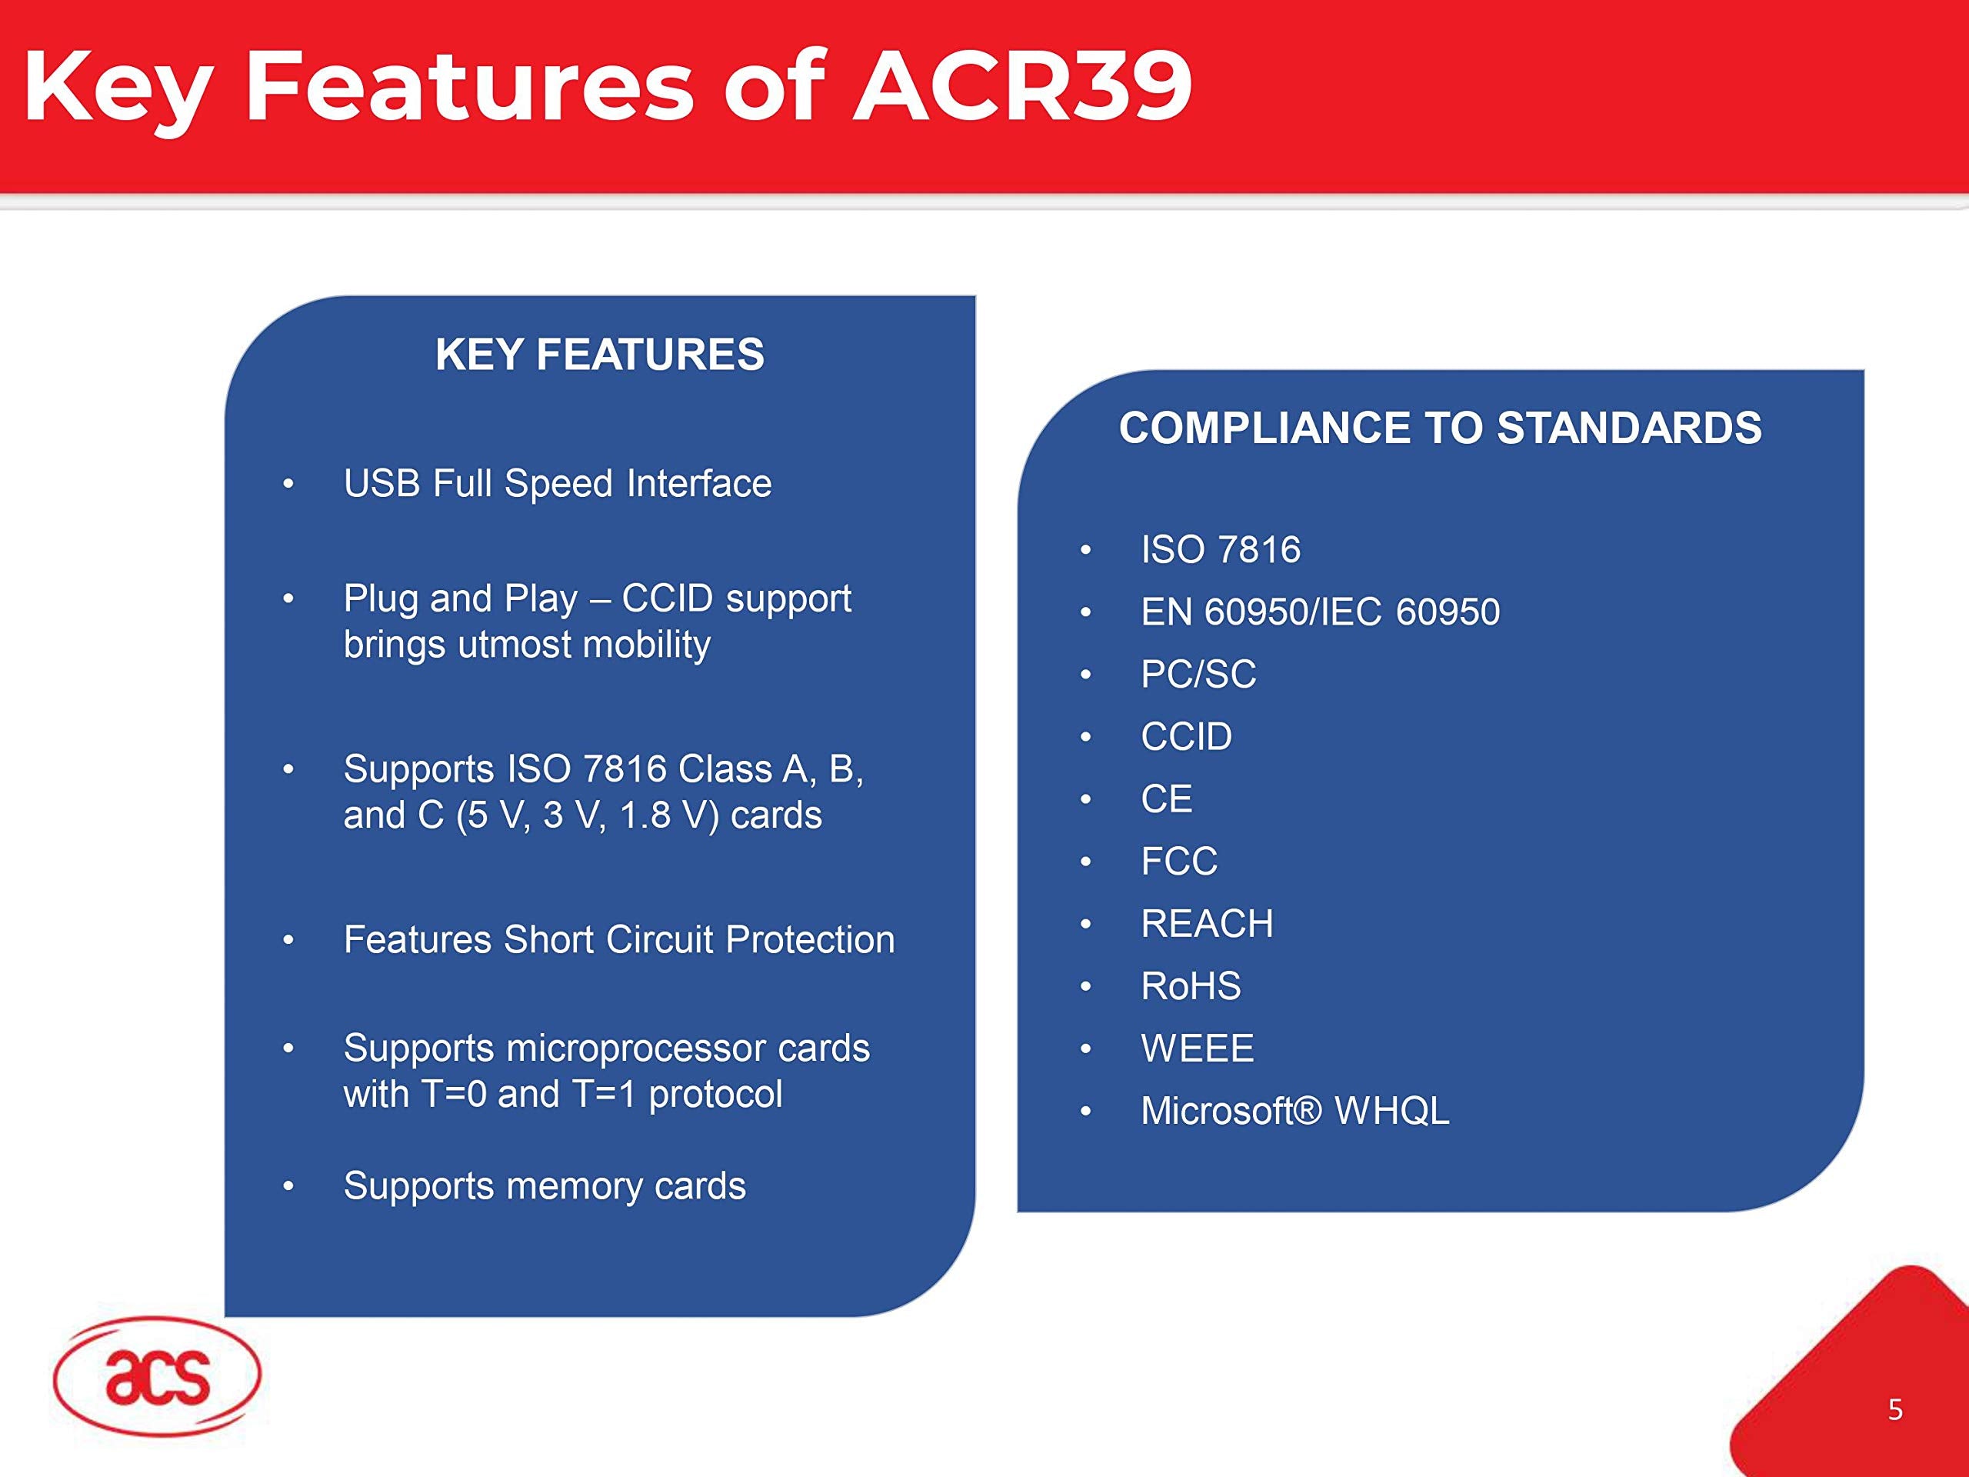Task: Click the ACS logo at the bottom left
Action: [x=157, y=1375]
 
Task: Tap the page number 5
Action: [x=1895, y=1409]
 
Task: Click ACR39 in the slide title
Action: [x=1022, y=86]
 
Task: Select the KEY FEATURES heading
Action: [x=599, y=355]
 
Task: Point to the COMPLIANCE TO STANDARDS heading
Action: [x=1439, y=428]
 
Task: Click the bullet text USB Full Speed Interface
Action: [x=557, y=483]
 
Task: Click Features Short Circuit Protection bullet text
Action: [x=618, y=939]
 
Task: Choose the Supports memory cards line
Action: [x=544, y=1186]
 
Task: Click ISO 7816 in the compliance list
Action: [x=1221, y=549]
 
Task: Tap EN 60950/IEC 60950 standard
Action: [x=1320, y=612]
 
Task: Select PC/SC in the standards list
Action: [x=1198, y=674]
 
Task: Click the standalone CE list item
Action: [x=1166, y=799]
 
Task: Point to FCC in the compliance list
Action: [x=1178, y=861]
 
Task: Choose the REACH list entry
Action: [x=1206, y=923]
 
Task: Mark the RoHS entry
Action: [x=1190, y=985]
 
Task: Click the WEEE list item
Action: [x=1198, y=1048]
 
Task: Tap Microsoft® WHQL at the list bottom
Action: [x=1294, y=1110]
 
